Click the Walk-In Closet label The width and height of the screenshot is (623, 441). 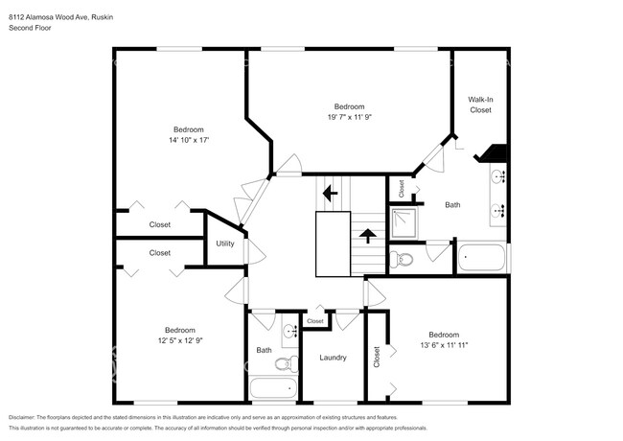click(479, 104)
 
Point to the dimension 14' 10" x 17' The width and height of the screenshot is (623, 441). click(188, 140)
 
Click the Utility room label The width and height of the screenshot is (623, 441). click(225, 244)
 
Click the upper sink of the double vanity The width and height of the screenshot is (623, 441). click(498, 177)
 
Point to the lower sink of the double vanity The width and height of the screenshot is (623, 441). click(498, 212)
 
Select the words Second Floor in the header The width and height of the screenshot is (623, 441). click(31, 29)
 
